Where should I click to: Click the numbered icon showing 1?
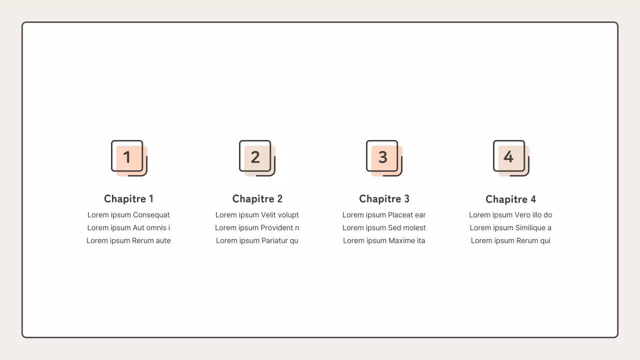tap(129, 158)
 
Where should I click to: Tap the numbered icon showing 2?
tap(257, 158)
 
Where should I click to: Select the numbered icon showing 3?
tap(384, 158)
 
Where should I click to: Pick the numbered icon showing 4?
tap(511, 158)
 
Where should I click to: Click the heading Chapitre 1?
tap(128, 199)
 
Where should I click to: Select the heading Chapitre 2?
tap(257, 199)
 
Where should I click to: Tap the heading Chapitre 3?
tap(384, 199)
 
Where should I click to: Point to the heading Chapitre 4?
tap(510, 199)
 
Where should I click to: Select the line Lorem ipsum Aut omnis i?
tap(128, 227)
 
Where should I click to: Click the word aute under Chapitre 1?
tap(163, 240)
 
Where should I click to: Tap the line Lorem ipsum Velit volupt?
tap(257, 215)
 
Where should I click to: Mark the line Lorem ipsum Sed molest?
tap(384, 227)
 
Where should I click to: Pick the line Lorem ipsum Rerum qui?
tap(510, 240)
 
